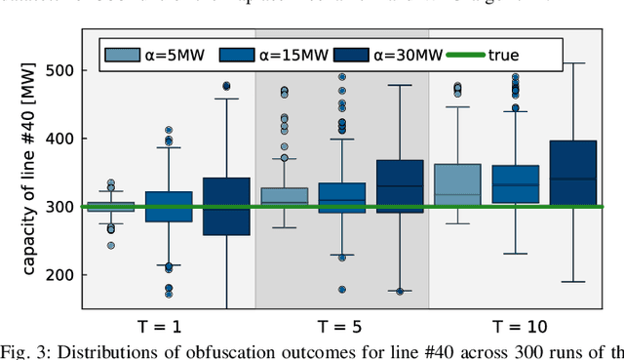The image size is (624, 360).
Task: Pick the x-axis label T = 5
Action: [341, 326]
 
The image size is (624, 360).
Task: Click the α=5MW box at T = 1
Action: [111, 207]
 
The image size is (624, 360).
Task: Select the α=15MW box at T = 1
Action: [169, 207]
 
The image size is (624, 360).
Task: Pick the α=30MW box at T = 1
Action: [226, 206]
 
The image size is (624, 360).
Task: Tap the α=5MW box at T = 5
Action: [284, 197]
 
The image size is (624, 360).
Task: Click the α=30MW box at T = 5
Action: [399, 186]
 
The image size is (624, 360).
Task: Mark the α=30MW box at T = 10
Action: [572, 173]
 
